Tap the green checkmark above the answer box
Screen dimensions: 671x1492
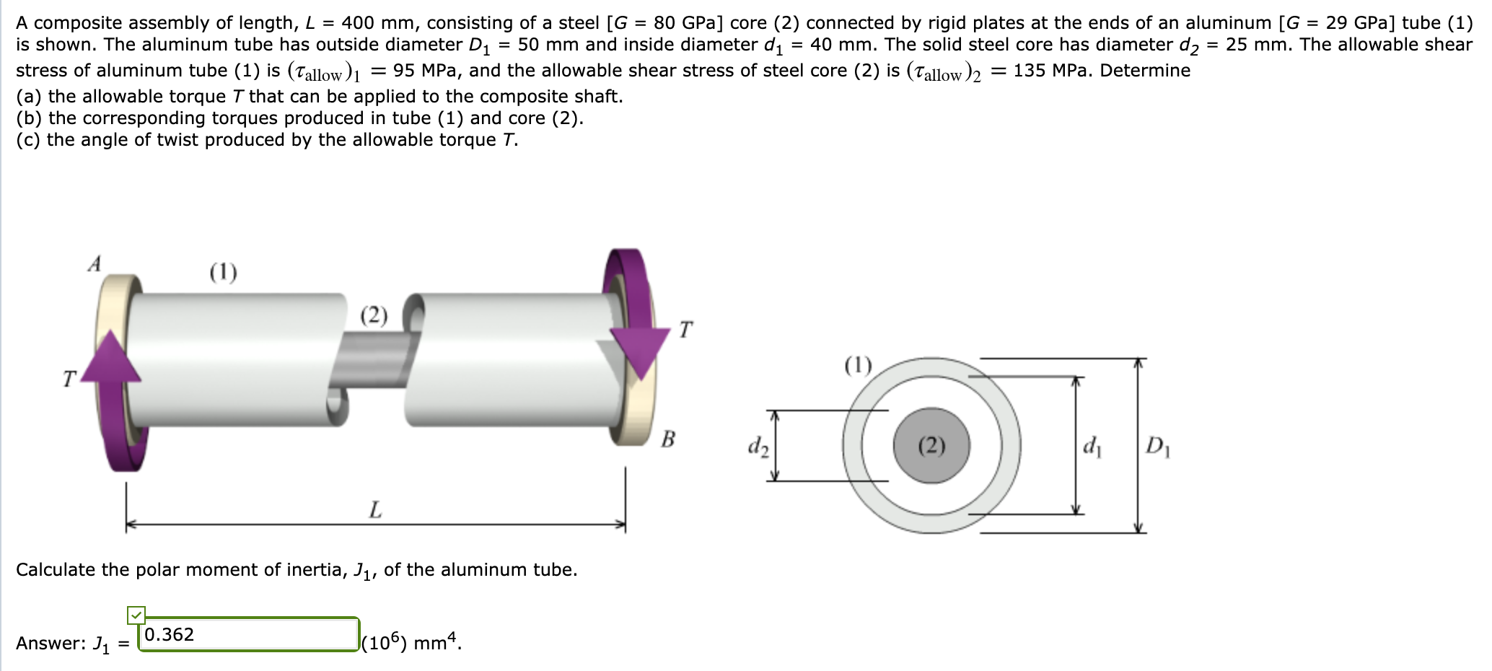pyautogui.click(x=136, y=615)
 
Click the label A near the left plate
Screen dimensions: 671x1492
pyautogui.click(x=95, y=264)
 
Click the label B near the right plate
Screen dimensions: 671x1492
pyautogui.click(x=668, y=439)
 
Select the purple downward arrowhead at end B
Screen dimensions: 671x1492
pyautogui.click(x=640, y=351)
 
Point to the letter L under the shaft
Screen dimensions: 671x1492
pyautogui.click(x=375, y=510)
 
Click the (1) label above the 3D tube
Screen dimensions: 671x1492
pyautogui.click(x=223, y=272)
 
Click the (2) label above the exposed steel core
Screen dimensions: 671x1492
pyautogui.click(x=374, y=315)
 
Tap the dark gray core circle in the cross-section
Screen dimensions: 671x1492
pyautogui.click(x=931, y=446)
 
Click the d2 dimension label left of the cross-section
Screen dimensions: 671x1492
pyautogui.click(x=758, y=447)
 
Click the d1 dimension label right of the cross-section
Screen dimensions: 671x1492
pyautogui.click(x=1092, y=447)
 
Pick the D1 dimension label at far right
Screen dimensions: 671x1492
pyautogui.click(x=1158, y=447)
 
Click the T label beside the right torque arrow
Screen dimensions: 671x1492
pyautogui.click(x=685, y=330)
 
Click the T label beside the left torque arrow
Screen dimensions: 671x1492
pyautogui.click(x=69, y=378)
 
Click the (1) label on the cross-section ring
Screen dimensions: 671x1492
pyautogui.click(x=858, y=365)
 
